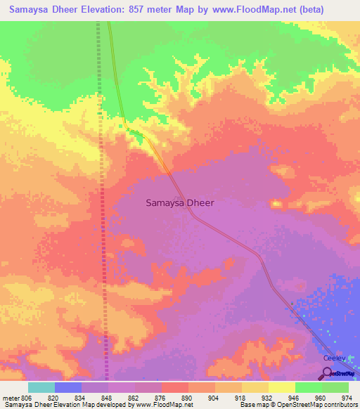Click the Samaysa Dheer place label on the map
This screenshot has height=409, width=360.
pos(179,202)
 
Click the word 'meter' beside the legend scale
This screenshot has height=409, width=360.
pos(12,398)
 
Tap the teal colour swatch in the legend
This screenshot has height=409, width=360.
pos(41,387)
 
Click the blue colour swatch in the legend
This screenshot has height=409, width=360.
pos(68,387)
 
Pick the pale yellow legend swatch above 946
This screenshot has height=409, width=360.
pos(282,387)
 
